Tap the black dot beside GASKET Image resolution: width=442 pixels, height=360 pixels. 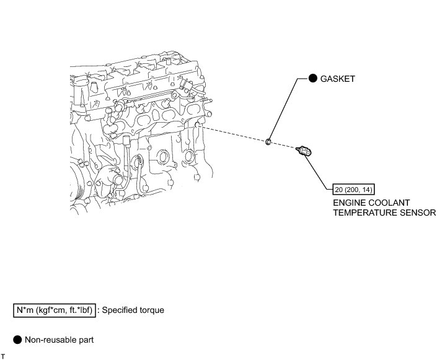(313, 79)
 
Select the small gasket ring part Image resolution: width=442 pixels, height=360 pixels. (268, 143)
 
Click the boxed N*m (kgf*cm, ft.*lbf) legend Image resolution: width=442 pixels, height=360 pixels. (55, 309)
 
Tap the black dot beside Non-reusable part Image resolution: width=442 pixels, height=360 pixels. (17, 340)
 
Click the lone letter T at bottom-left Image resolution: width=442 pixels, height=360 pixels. (3, 356)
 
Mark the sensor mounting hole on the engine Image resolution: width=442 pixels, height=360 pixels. (198, 126)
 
